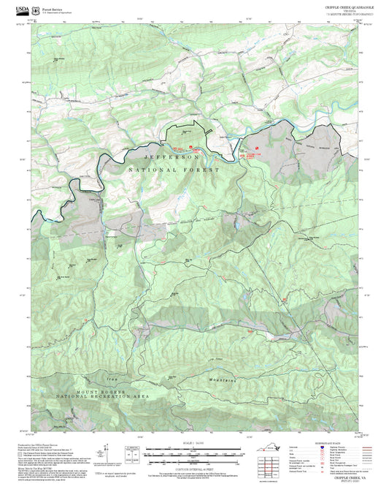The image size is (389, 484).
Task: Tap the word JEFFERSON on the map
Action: (172, 157)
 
